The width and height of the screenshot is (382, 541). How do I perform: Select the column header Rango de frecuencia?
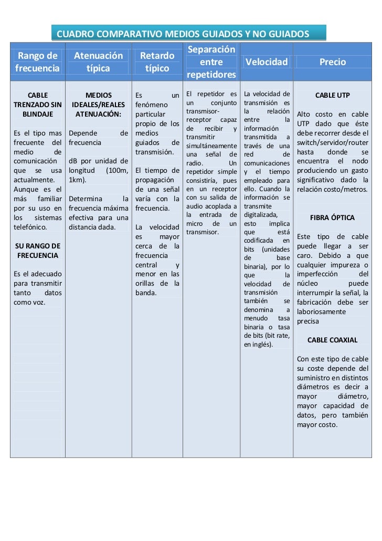pyautogui.click(x=37, y=62)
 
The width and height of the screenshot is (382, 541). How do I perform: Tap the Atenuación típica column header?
pyautogui.click(x=98, y=62)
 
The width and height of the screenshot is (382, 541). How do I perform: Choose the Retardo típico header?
pyautogui.click(x=157, y=62)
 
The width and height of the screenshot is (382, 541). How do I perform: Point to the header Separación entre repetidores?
pyautogui.click(x=211, y=62)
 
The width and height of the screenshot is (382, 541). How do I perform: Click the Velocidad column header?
pyautogui.click(x=267, y=62)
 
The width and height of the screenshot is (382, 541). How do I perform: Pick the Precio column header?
pyautogui.click(x=333, y=62)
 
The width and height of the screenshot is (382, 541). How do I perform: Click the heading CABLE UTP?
pyautogui.click(x=332, y=96)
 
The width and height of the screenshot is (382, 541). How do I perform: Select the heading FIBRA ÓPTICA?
pyautogui.click(x=332, y=217)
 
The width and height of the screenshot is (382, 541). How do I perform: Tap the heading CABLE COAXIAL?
pyautogui.click(x=332, y=340)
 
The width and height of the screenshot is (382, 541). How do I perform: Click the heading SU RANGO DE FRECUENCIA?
pyautogui.click(x=37, y=251)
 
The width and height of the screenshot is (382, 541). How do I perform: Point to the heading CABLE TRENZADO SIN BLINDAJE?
pyautogui.click(x=37, y=105)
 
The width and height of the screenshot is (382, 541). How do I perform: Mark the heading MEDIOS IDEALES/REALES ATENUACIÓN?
pyautogui.click(x=98, y=105)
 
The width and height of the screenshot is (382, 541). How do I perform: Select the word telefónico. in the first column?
pyautogui.click(x=31, y=227)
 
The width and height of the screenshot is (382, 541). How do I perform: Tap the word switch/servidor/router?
pyautogui.click(x=332, y=142)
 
